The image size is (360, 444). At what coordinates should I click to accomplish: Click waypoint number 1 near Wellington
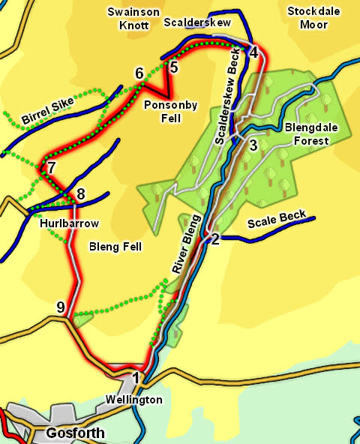pyautogui.click(x=136, y=377)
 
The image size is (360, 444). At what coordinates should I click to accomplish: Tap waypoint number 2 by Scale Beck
pyautogui.click(x=215, y=239)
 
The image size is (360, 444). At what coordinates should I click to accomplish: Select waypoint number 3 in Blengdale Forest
pyautogui.click(x=253, y=145)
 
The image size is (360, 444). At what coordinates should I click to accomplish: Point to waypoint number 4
pyautogui.click(x=253, y=52)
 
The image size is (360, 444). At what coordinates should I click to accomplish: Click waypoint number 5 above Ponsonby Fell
pyautogui.click(x=174, y=67)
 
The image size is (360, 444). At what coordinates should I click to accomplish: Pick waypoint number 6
pyautogui.click(x=139, y=73)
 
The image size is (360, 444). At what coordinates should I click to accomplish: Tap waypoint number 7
pyautogui.click(x=51, y=167)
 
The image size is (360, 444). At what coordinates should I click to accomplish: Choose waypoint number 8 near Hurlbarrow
pyautogui.click(x=81, y=195)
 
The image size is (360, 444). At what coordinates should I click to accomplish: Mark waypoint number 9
pyautogui.click(x=61, y=306)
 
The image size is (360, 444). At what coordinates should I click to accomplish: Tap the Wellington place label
pyautogui.click(x=133, y=400)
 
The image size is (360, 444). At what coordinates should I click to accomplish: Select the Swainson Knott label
pyautogui.click(x=134, y=18)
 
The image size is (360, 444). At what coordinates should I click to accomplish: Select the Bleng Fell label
pyautogui.click(x=115, y=246)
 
